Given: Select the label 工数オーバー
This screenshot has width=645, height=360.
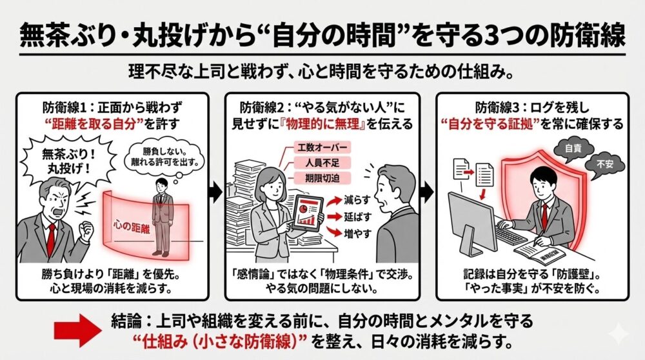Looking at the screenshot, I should pyautogui.click(x=315, y=147).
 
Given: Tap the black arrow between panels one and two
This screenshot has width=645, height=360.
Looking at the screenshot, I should pyautogui.click(x=216, y=192).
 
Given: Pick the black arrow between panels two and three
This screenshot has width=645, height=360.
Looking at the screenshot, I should pyautogui.click(x=427, y=192).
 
